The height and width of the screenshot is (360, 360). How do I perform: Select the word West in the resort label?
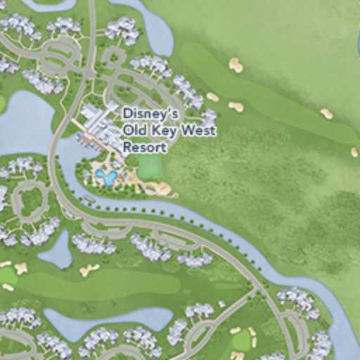(198, 131)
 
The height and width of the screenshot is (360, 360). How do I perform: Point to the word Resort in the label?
(145, 148)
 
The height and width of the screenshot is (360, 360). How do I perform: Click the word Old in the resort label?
(134, 131)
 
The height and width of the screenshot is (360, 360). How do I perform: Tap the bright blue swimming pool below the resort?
(107, 177)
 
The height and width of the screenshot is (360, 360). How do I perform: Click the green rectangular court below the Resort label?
(149, 167)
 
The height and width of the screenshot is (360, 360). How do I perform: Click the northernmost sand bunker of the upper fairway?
(236, 65)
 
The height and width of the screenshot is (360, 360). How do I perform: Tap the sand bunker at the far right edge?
(354, 151)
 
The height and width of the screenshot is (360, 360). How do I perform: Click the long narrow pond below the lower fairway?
(112, 322)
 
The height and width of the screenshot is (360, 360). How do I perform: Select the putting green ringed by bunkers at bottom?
(242, 341)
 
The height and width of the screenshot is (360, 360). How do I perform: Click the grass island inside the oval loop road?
(29, 201)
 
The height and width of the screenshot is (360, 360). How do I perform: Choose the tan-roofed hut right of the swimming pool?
(164, 188)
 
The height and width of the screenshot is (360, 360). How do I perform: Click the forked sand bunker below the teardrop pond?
(89, 269)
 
